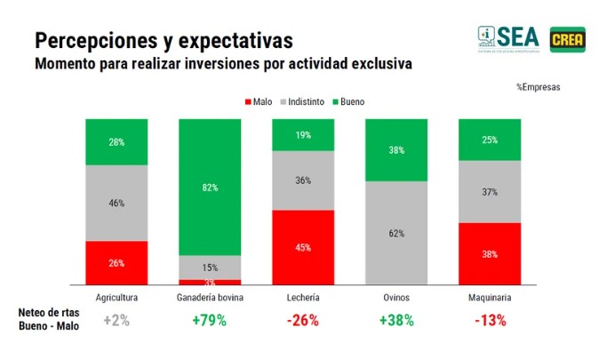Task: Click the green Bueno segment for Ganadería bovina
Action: click(210, 187)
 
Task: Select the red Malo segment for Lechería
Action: click(302, 247)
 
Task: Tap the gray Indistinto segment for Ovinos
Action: click(395, 233)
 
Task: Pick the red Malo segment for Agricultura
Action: click(116, 262)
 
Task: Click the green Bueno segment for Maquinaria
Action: click(489, 140)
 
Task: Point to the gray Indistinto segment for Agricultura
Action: click(116, 203)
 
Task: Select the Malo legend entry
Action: click(258, 101)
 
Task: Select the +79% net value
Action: click(210, 321)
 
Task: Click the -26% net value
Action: click(302, 321)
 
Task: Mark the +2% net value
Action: click(116, 321)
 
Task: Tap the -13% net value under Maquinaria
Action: click(489, 321)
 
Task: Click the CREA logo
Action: click(566, 38)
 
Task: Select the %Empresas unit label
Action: click(538, 87)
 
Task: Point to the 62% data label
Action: click(395, 234)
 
